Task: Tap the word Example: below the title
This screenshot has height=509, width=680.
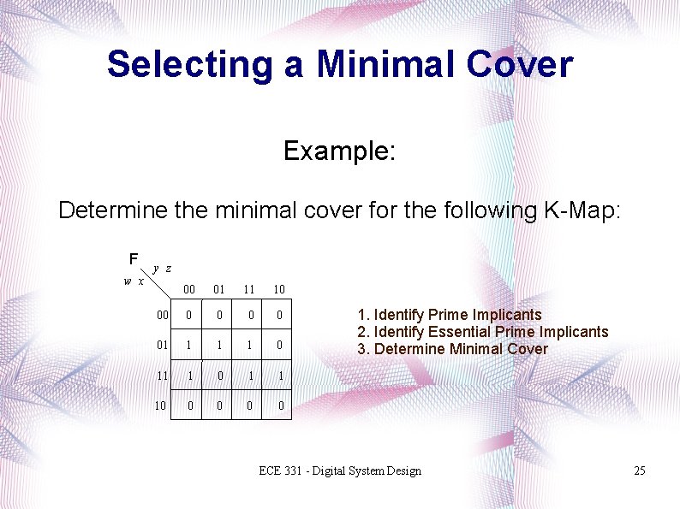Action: pyautogui.click(x=339, y=151)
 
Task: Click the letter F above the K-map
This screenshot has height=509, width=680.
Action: pyautogui.click(x=133, y=258)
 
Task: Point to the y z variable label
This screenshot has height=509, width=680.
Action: pyautogui.click(x=163, y=269)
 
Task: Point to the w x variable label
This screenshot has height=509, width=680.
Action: pyautogui.click(x=133, y=281)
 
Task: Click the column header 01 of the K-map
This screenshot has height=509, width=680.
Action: pyautogui.click(x=219, y=290)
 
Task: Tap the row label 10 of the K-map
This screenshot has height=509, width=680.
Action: pyautogui.click(x=160, y=405)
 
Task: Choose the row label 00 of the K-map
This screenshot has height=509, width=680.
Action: pyautogui.click(x=162, y=316)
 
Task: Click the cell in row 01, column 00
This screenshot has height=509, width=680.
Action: pyautogui.click(x=189, y=346)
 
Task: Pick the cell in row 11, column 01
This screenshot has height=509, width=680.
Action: pyautogui.click(x=219, y=376)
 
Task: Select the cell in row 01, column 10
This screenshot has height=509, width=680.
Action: pyautogui.click(x=280, y=346)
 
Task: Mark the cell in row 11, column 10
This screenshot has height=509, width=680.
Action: pyautogui.click(x=280, y=376)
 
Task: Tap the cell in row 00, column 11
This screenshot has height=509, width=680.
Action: pyautogui.click(x=250, y=316)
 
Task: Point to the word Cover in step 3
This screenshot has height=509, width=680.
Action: pyautogui.click(x=528, y=349)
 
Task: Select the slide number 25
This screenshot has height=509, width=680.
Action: pyautogui.click(x=639, y=471)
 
